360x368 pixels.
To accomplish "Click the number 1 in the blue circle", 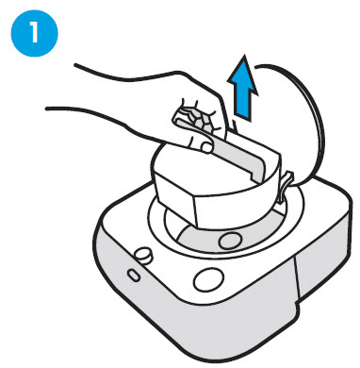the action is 34,32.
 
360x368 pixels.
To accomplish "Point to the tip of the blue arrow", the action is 244,55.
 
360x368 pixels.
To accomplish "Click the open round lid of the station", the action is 294,125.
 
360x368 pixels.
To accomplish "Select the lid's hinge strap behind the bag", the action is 284,188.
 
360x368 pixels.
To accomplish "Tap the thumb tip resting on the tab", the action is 206,147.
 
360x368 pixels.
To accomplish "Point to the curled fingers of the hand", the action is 201,120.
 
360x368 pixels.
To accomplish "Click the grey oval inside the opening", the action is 231,242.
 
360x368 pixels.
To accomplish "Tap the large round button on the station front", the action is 208,279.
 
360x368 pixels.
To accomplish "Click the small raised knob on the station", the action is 143,255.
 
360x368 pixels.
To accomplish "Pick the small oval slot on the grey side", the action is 134,275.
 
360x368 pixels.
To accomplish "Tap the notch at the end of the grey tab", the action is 254,177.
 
